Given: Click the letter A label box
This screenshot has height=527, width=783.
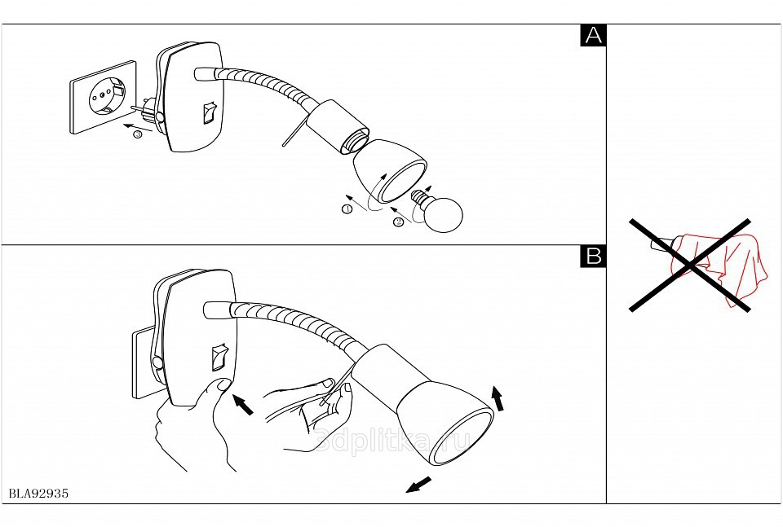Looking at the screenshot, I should pyautogui.click(x=593, y=36).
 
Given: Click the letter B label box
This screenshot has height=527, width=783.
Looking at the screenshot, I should pyautogui.click(x=593, y=256).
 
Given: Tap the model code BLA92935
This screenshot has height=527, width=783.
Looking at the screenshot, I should pyautogui.click(x=38, y=494).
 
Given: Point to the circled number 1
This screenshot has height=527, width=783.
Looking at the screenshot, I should pyautogui.click(x=347, y=209).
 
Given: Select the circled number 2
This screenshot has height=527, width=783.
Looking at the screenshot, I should pyautogui.click(x=398, y=221).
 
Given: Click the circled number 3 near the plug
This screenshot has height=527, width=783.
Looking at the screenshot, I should pyautogui.click(x=137, y=134).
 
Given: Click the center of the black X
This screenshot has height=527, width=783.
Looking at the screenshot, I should pyautogui.click(x=690, y=264).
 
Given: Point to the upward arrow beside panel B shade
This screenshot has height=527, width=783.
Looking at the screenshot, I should pyautogui.click(x=497, y=398).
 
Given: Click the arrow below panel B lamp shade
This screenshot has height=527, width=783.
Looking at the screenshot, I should pyautogui.click(x=418, y=485).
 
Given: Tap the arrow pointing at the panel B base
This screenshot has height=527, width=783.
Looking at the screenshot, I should pyautogui.click(x=243, y=404).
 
